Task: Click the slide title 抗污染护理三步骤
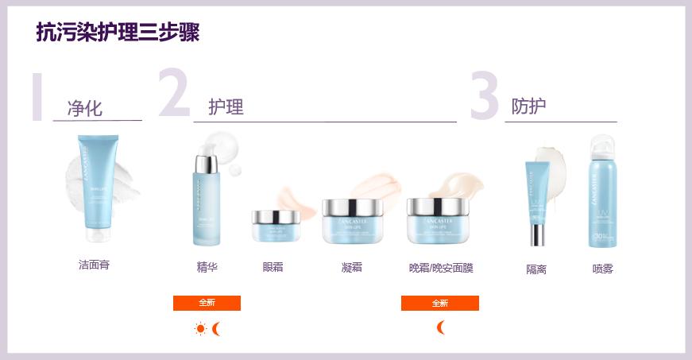click(118, 33)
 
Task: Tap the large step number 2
click(174, 95)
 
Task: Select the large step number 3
click(483, 97)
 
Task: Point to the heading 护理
click(226, 107)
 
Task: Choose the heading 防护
click(528, 106)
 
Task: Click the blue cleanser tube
click(96, 188)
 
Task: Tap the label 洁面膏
click(94, 265)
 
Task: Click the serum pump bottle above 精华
click(206, 199)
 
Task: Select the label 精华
click(207, 267)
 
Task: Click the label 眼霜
click(273, 267)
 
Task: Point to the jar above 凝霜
click(352, 220)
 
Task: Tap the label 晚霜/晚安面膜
click(441, 268)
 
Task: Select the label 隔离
click(536, 269)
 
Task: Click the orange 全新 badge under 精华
click(207, 303)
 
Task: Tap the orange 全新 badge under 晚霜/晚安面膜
click(440, 303)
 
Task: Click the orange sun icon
click(200, 329)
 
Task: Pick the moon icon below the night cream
click(441, 327)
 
